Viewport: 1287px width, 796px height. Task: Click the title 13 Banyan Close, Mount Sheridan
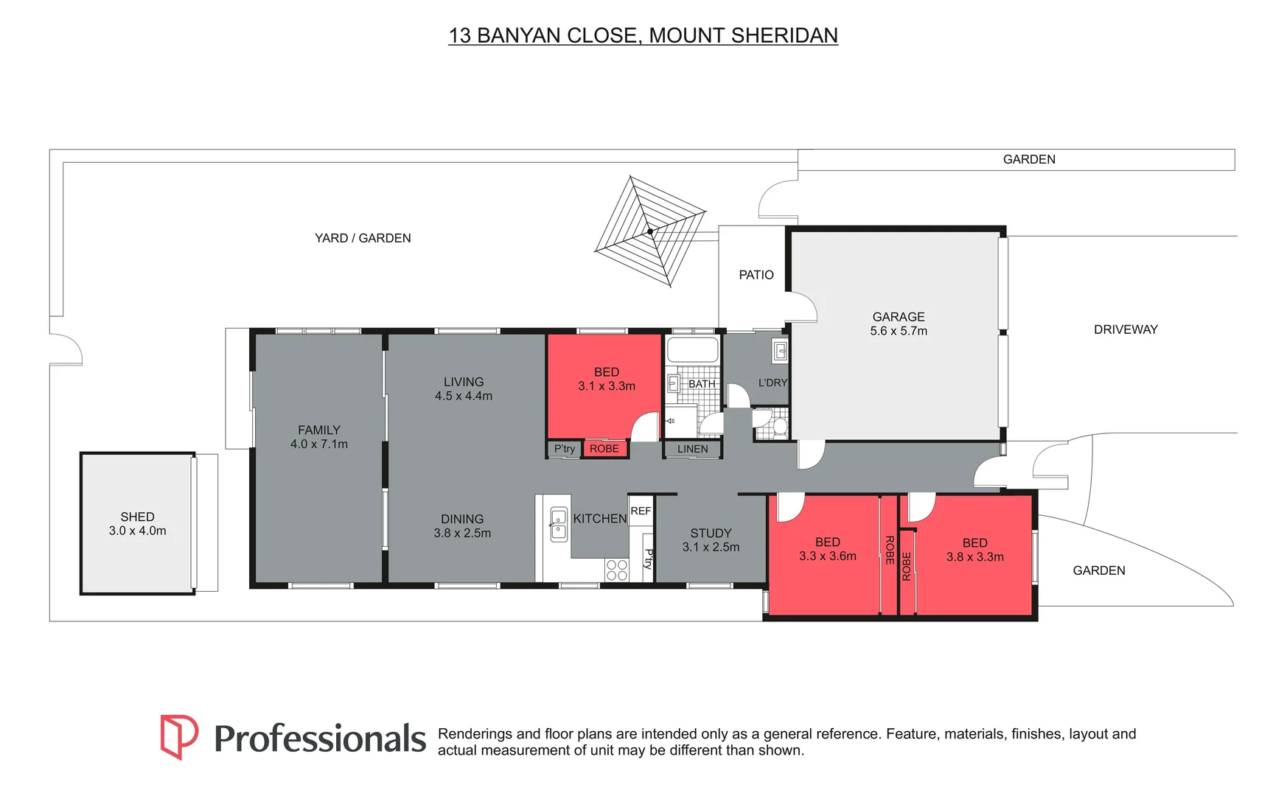[643, 35]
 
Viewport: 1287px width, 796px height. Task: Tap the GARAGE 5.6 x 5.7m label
[898, 324]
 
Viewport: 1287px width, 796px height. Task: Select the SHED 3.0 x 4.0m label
[138, 523]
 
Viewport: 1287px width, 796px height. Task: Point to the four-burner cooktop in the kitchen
[617, 570]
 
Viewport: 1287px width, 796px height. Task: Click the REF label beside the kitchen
[641, 511]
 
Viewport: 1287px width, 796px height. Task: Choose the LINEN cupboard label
[692, 449]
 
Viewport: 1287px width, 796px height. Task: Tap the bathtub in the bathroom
[692, 349]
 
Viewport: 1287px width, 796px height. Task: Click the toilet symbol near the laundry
[778, 427]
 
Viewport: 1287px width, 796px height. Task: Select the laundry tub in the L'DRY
[780, 351]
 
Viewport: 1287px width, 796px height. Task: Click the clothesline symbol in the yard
[650, 231]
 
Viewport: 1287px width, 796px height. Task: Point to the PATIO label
[756, 275]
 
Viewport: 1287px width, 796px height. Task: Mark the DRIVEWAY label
[1126, 329]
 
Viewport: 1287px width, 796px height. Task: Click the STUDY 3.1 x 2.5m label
[711, 540]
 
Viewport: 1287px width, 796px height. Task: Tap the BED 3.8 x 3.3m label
[974, 550]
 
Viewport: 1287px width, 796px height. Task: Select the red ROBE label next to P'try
[604, 449]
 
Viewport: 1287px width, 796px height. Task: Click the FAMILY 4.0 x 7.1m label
[319, 436]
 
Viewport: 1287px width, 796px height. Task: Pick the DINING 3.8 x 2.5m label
[462, 526]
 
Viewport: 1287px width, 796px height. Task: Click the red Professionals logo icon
[179, 736]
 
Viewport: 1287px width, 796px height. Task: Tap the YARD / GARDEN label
[363, 238]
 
